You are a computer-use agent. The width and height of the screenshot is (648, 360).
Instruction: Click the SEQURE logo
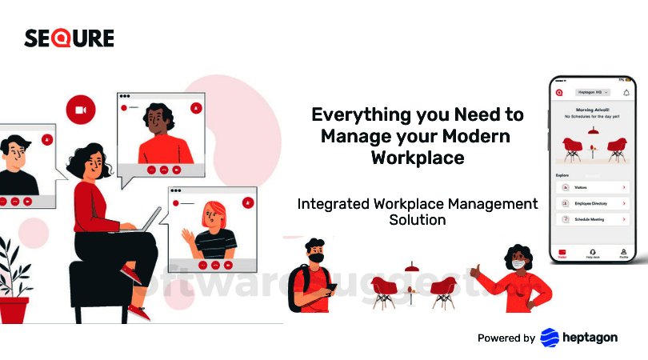click(69, 38)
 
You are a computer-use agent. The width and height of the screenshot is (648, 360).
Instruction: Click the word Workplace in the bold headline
click(417, 158)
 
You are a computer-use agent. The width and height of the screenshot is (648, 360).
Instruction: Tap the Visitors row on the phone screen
click(591, 187)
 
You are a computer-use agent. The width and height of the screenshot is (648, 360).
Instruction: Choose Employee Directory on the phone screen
click(591, 203)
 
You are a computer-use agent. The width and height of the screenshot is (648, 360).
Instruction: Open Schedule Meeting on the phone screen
click(591, 218)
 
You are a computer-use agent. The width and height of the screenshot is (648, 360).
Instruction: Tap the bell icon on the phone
click(626, 93)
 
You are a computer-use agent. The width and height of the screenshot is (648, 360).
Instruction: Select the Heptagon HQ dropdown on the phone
click(592, 93)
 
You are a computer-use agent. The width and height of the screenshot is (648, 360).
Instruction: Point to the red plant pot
click(14, 309)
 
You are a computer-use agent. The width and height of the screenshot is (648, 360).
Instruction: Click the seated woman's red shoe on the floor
click(138, 311)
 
